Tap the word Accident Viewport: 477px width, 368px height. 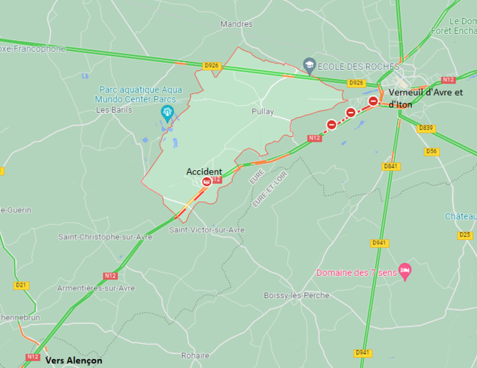(204, 172)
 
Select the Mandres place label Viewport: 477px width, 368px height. (236, 24)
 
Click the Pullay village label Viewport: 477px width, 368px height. (262, 111)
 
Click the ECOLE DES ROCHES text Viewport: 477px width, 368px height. (359, 66)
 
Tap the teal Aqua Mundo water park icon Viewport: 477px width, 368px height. (167, 111)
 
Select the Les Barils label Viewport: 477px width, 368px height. (112, 109)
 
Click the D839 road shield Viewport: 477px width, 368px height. (426, 128)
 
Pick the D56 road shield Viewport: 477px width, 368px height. (431, 151)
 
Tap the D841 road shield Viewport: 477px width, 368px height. (391, 166)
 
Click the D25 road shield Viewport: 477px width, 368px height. (465, 235)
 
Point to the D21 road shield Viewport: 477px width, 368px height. (21, 285)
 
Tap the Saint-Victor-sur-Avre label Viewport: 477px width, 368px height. (206, 230)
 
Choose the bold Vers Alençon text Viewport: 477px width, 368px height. (73, 360)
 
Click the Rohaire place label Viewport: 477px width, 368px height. (195, 356)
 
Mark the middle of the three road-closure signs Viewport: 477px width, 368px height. (351, 113)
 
